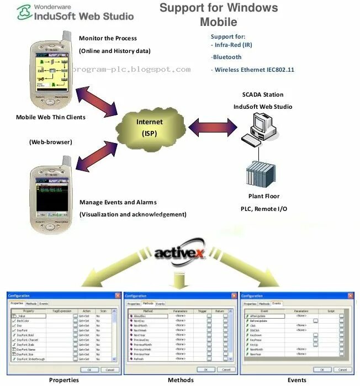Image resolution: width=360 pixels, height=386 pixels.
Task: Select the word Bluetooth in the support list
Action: [227, 57]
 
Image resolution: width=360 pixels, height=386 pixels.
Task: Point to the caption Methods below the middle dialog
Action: [179, 380]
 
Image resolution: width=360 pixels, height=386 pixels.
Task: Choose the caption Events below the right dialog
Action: [297, 380]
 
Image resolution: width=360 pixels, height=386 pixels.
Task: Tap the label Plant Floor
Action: [263, 196]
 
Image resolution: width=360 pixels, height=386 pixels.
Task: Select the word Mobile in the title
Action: [218, 22]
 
